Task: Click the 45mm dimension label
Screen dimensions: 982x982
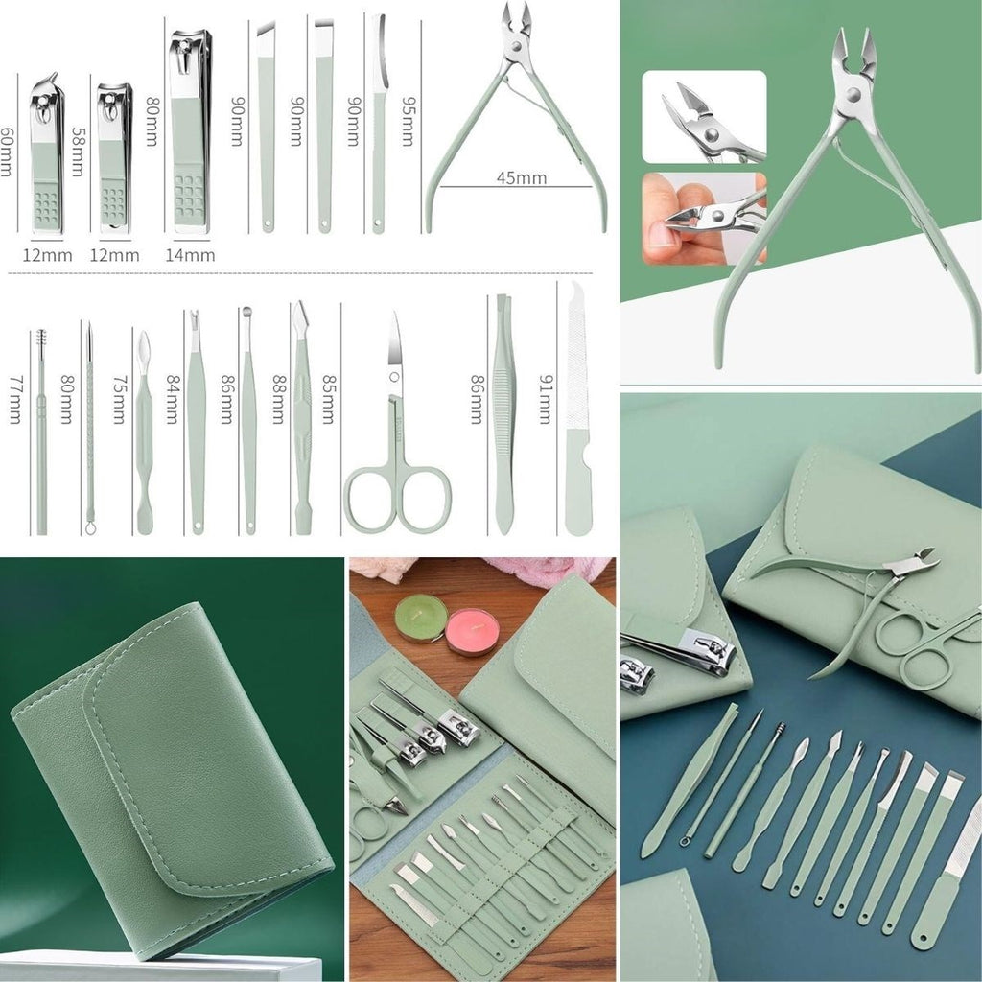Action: click(x=521, y=177)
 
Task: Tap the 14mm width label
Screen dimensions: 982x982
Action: click(x=190, y=255)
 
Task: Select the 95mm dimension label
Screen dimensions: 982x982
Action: click(x=408, y=121)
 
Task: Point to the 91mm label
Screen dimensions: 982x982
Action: click(x=546, y=399)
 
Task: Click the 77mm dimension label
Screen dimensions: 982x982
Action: click(x=15, y=400)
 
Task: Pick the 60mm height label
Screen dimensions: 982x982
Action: click(x=7, y=152)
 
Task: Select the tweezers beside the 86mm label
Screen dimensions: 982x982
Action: click(x=503, y=414)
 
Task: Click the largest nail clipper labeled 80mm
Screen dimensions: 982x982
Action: click(x=191, y=131)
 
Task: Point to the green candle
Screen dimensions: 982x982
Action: click(x=421, y=618)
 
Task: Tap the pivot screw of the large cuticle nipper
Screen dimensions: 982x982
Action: click(x=853, y=95)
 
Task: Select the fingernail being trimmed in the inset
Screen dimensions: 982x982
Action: click(x=660, y=234)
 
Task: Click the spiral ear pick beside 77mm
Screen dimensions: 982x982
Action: click(x=41, y=432)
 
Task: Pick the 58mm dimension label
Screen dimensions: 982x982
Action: click(x=78, y=152)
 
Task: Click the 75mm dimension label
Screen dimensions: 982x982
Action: click(x=119, y=400)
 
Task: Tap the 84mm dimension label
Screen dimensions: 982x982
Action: click(x=172, y=399)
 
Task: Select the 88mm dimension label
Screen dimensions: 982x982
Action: click(x=278, y=399)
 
